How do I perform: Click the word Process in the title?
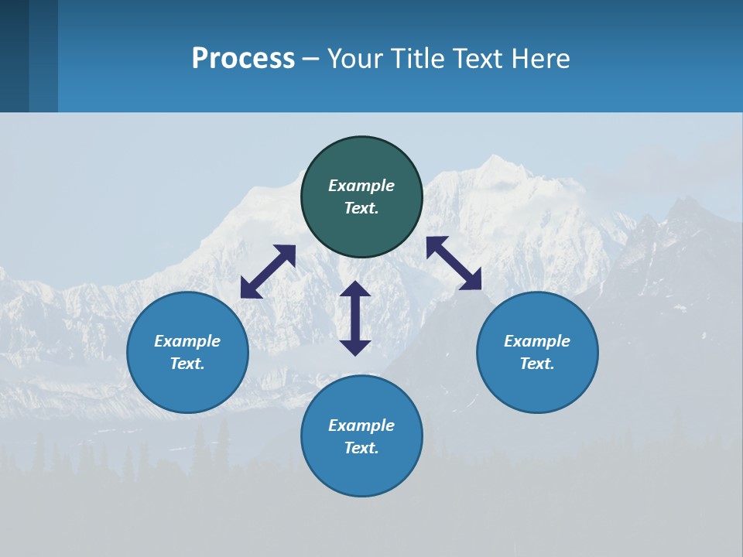(243, 59)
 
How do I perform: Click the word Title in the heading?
(417, 59)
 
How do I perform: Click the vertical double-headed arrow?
(355, 318)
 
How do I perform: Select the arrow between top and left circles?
(268, 272)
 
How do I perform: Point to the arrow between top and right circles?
(454, 263)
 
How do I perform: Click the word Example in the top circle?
(361, 186)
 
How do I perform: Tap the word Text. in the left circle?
(187, 364)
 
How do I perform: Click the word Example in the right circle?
(537, 341)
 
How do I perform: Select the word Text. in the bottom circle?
(361, 448)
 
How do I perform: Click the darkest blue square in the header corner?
(14, 56)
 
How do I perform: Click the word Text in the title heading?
(476, 59)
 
